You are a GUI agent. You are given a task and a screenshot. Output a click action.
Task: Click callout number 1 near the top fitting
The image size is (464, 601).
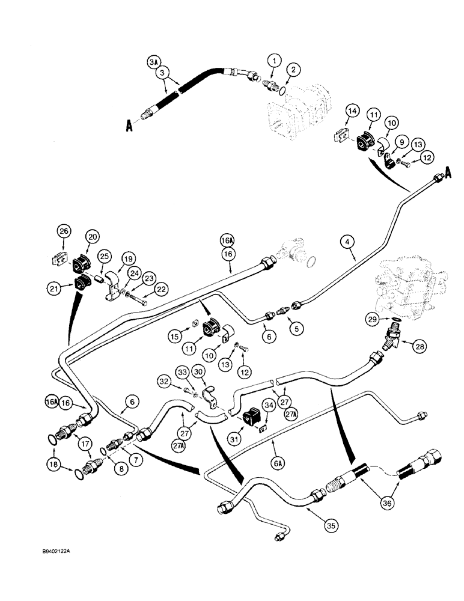(275, 60)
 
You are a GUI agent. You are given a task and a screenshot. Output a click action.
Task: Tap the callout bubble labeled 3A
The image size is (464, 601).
(154, 61)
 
